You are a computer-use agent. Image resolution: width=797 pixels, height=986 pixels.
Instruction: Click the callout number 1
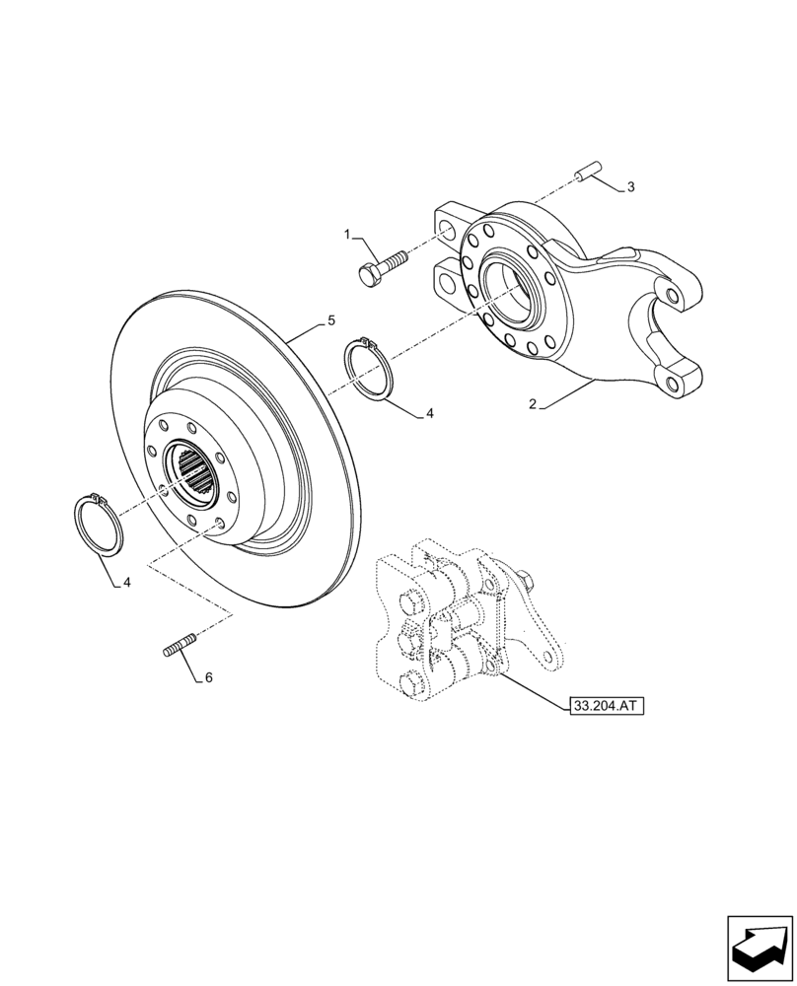pyautogui.click(x=347, y=234)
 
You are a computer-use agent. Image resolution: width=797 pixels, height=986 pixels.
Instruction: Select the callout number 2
pyautogui.click(x=532, y=404)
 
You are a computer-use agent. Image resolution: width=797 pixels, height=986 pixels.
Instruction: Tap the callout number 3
pyautogui.click(x=630, y=187)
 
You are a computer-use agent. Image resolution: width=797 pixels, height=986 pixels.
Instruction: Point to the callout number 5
pyautogui.click(x=331, y=320)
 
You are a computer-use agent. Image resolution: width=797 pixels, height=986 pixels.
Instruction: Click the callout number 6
pyautogui.click(x=209, y=678)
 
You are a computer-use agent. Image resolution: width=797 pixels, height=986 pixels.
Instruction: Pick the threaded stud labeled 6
pyautogui.click(x=176, y=649)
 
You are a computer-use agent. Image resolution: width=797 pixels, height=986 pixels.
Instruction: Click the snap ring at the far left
pyautogui.click(x=100, y=526)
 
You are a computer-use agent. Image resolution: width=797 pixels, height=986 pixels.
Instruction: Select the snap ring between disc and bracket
pyautogui.click(x=371, y=368)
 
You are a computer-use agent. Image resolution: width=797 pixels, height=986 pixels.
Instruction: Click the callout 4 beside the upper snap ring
pyautogui.click(x=430, y=415)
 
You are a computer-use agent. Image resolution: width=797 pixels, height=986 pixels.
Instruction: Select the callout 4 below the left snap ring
pyautogui.click(x=127, y=583)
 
